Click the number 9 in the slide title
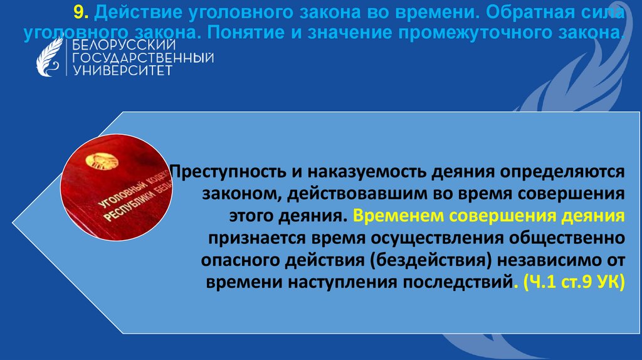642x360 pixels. pos(77,12)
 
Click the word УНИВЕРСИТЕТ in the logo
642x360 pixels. pos(123,71)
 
